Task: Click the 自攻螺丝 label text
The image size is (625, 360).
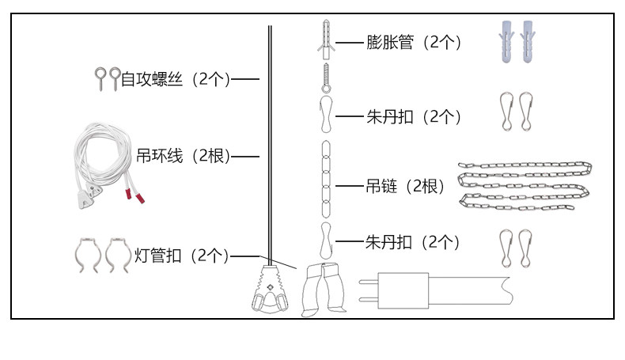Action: pyautogui.click(x=151, y=79)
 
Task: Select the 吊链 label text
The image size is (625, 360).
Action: pyautogui.click(x=381, y=186)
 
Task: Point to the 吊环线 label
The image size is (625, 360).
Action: pyautogui.click(x=160, y=156)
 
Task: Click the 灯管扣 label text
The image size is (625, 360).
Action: pyautogui.click(x=158, y=256)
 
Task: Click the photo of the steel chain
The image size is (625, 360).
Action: pyautogui.click(x=525, y=186)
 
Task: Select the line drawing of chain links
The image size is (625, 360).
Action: pyautogui.click(x=326, y=179)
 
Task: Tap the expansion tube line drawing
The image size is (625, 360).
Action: pyautogui.click(x=326, y=40)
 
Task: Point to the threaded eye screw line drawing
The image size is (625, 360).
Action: pyautogui.click(x=327, y=78)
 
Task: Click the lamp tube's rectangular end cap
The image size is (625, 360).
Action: pyautogui.click(x=403, y=290)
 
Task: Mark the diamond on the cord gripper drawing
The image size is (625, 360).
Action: pyautogui.click(x=270, y=287)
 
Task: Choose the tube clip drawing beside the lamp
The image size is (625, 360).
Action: pyautogui.click(x=324, y=290)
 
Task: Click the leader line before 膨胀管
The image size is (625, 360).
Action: pyautogui.click(x=350, y=42)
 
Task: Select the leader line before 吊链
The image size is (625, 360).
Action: pyautogui.click(x=350, y=186)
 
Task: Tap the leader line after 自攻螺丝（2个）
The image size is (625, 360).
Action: pyautogui.click(x=245, y=79)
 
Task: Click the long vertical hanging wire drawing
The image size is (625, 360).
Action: pyautogui.click(x=270, y=146)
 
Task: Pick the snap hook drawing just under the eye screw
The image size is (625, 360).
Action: pyautogui.click(x=327, y=114)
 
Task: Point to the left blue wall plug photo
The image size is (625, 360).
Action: pyautogui.click(x=506, y=41)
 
